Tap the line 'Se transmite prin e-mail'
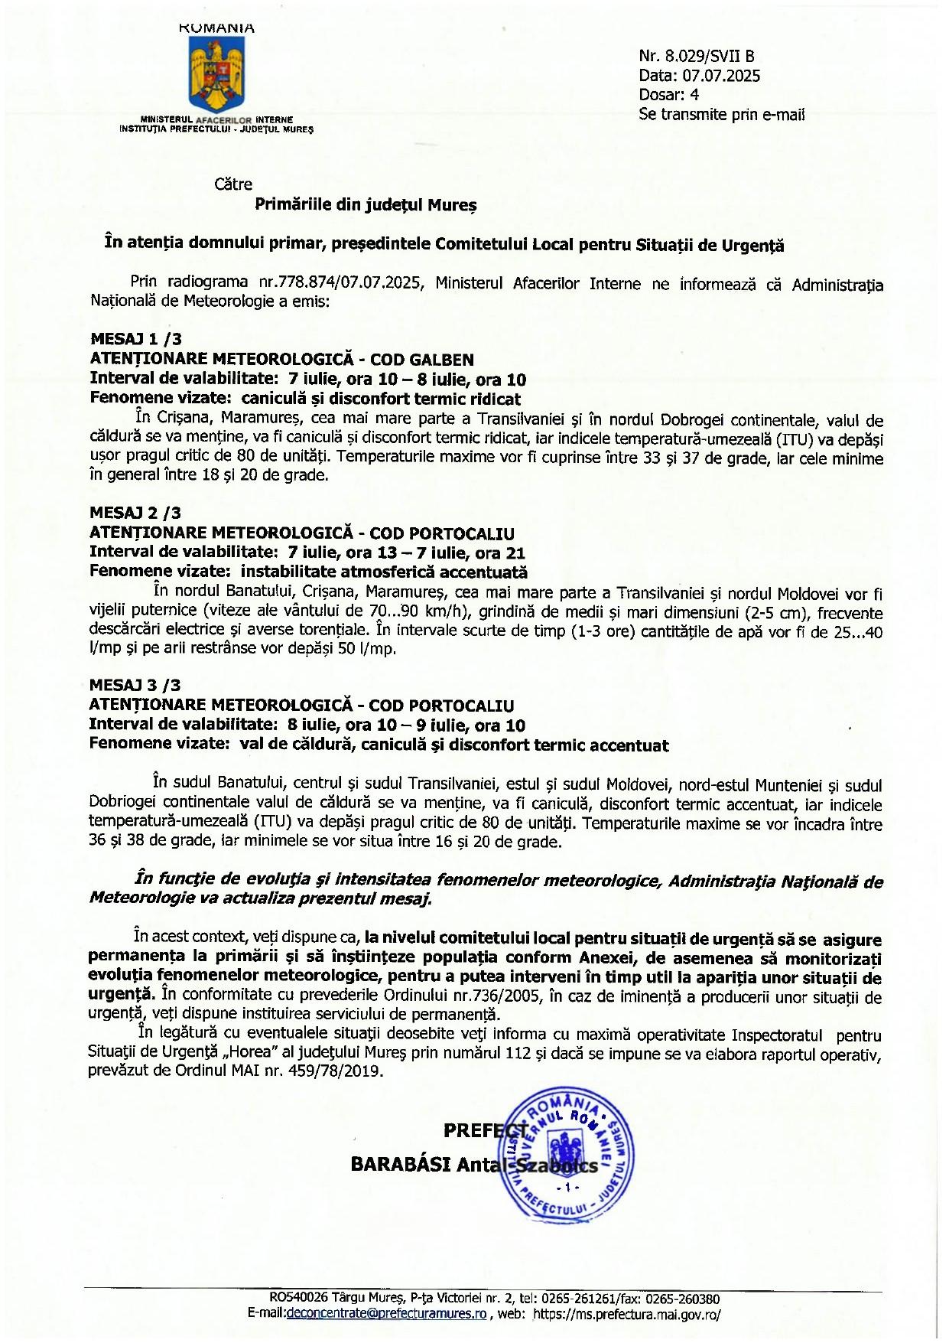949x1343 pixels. click(x=721, y=115)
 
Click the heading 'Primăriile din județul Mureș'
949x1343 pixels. click(x=366, y=205)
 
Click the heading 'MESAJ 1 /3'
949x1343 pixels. click(x=136, y=339)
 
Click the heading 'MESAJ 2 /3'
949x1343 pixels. click(x=136, y=513)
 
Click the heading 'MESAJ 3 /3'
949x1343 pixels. click(x=136, y=685)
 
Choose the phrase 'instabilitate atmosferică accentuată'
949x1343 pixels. click(x=384, y=572)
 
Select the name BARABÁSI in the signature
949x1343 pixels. click(x=400, y=1164)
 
